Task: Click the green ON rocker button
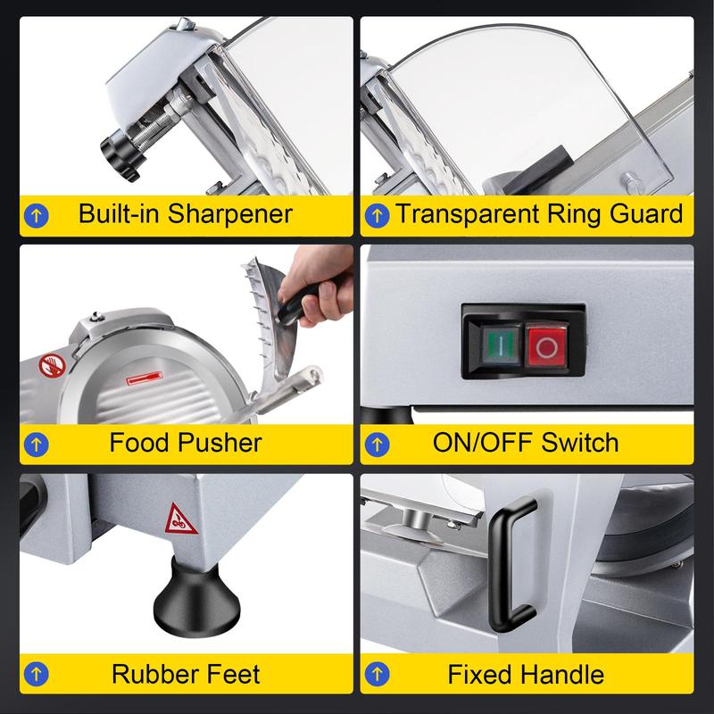point(501,345)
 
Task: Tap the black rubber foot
point(196,596)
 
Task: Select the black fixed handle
point(513,565)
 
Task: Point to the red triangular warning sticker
point(180,519)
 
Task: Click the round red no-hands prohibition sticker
point(52,366)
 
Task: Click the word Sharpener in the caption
point(230,213)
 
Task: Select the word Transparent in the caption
point(467,213)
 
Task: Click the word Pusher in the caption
point(220,442)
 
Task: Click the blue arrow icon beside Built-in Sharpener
point(37,215)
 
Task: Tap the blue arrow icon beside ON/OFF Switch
point(377,444)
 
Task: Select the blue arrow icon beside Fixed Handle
point(377,674)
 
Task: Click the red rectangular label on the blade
point(145,378)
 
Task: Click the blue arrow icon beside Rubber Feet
point(37,674)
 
